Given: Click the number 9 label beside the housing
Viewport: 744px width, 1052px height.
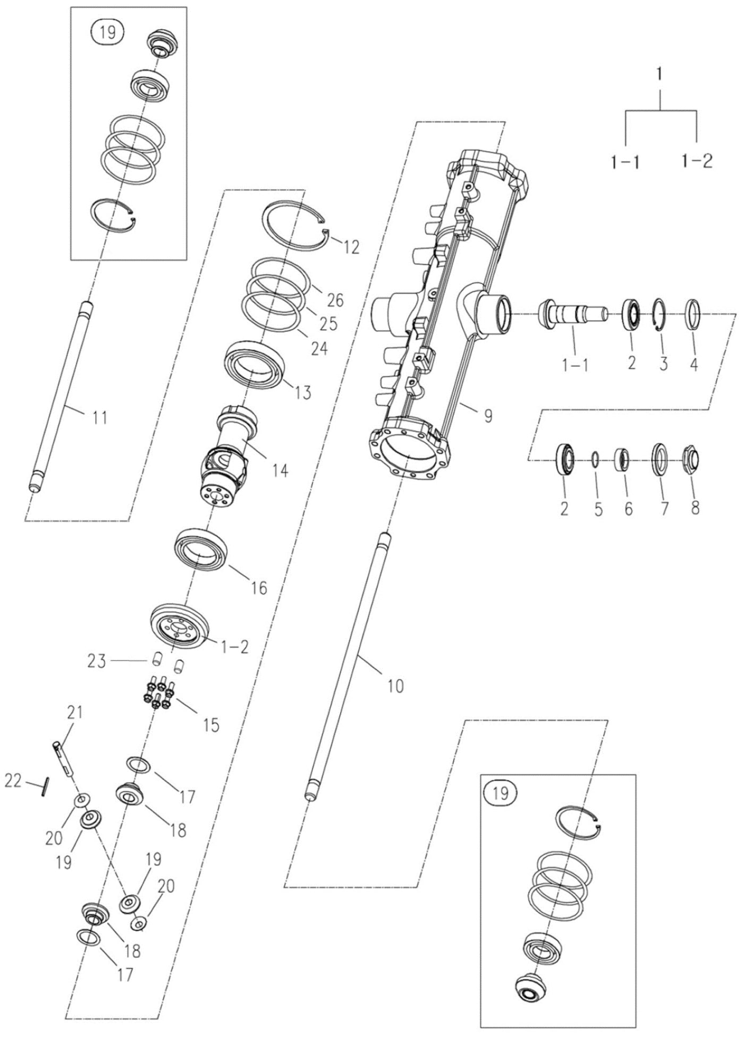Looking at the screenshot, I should pyautogui.click(x=488, y=416).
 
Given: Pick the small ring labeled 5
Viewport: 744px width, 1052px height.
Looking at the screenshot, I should pyautogui.click(x=596, y=458).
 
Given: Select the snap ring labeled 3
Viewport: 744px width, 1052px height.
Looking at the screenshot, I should pyautogui.click(x=660, y=314).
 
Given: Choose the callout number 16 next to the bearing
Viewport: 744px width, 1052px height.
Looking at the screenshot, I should pyautogui.click(x=259, y=588).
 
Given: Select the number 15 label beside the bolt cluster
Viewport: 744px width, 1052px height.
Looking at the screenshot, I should pyautogui.click(x=211, y=725).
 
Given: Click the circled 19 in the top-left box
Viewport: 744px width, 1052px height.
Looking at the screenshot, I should pyautogui.click(x=107, y=32).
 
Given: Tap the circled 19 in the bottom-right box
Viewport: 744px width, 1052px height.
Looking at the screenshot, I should pyautogui.click(x=501, y=794).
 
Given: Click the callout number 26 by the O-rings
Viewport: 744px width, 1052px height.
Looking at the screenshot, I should pyautogui.click(x=335, y=300).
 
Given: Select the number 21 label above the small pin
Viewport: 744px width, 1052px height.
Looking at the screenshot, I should pyautogui.click(x=74, y=712).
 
